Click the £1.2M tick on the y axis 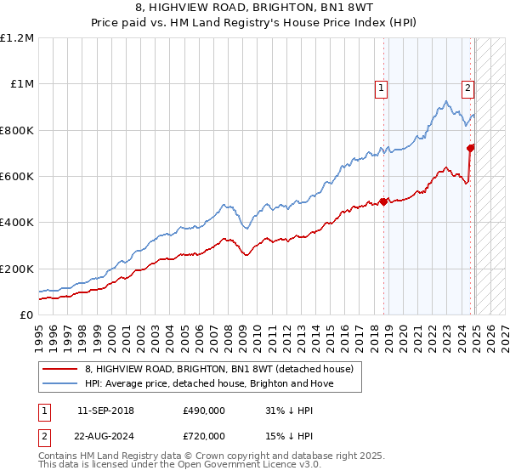point(17,38)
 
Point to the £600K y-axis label point(17,177)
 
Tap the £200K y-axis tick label point(17,269)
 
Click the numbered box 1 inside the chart point(381,86)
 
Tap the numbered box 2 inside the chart point(468,86)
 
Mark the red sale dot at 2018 point(383,201)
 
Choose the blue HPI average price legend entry point(210,383)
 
